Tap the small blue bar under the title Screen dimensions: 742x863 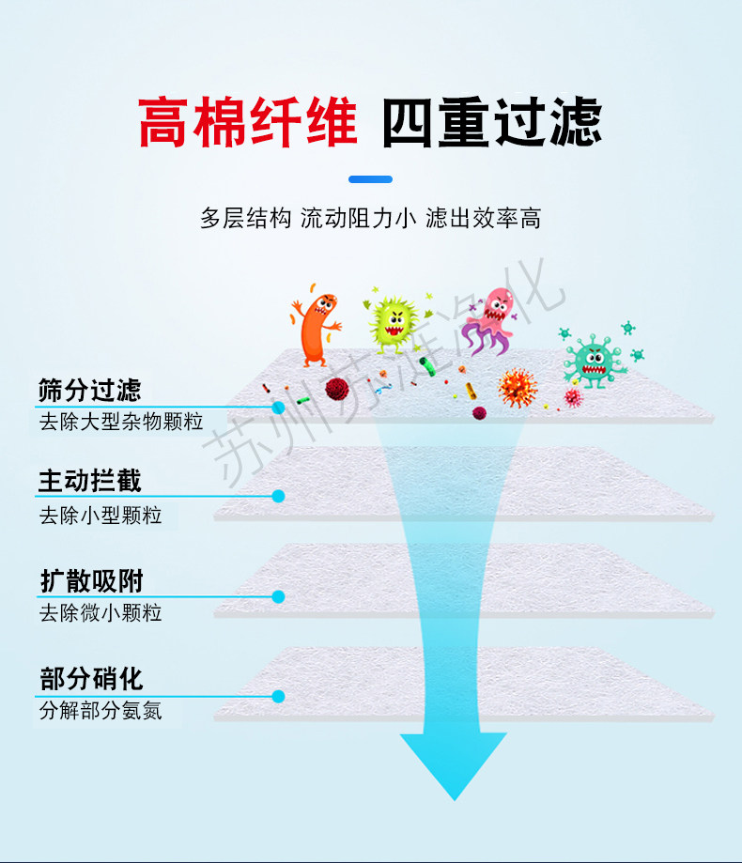pos(370,179)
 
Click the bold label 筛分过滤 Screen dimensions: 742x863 pos(90,390)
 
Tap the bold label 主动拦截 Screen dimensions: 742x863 pos(90,482)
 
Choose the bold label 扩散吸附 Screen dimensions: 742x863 pos(90,581)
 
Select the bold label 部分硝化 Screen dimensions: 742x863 pos(90,679)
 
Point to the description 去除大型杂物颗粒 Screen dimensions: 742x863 pos(121,421)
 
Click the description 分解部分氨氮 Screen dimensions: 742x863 pos(100,711)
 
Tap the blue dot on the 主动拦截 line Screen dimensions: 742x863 pos(278,496)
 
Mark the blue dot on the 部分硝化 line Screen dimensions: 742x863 pos(278,696)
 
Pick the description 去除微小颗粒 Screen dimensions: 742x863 pos(100,613)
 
